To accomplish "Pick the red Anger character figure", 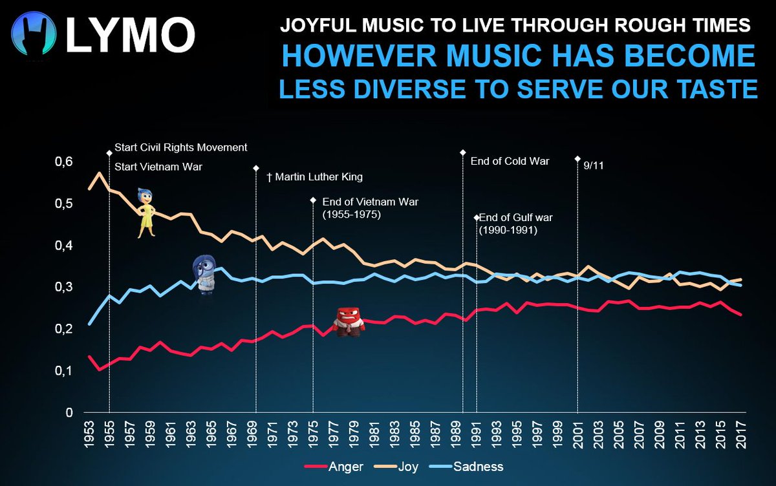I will tap(349, 321).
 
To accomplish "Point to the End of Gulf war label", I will tap(515, 224).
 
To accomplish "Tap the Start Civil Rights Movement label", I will tap(180, 147).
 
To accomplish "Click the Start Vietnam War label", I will tap(158, 167).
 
